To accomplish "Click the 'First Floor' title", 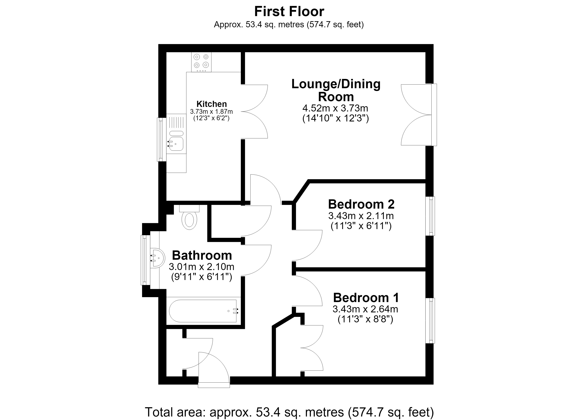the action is pos(289,11).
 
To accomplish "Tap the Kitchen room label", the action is pos(212,104).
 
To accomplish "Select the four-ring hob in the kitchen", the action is pos(201,62).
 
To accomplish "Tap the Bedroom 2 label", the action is pos(361,204).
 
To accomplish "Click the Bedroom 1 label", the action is pos(366,298).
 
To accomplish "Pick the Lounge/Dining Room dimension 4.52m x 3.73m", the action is pos(335,108).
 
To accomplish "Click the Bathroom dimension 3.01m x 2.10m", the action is pos(201,267).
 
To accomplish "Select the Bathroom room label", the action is pos(202,255).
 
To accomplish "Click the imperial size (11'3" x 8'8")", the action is pos(365,319).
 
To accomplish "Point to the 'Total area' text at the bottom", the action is pos(289,412).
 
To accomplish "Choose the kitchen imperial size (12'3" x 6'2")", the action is pos(211,118).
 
